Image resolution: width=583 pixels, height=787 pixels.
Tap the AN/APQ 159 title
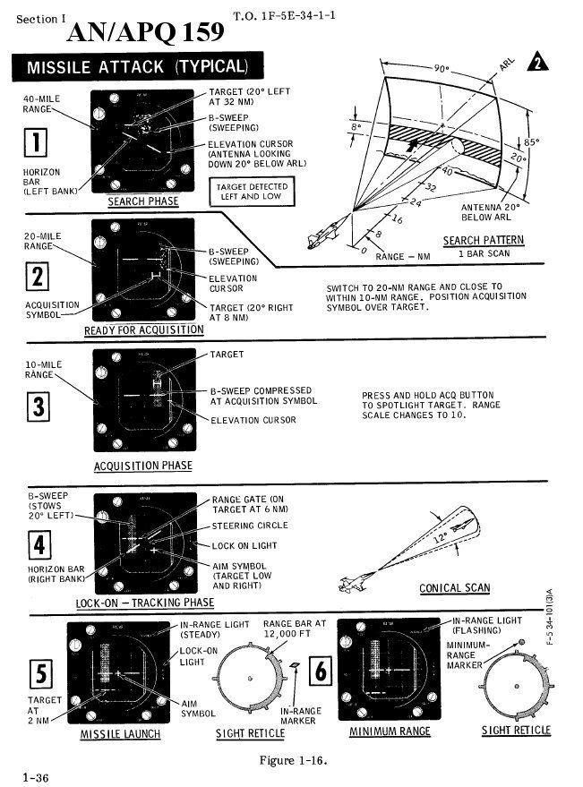coord(145,33)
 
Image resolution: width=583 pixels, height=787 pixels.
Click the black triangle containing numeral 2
coord(536,63)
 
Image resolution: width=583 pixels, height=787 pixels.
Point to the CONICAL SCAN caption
coord(454,588)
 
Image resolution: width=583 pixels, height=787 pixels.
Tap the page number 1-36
coord(36,777)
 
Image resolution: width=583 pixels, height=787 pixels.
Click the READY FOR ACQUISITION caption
coord(143,330)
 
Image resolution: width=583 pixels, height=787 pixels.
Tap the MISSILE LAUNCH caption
coord(120,733)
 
